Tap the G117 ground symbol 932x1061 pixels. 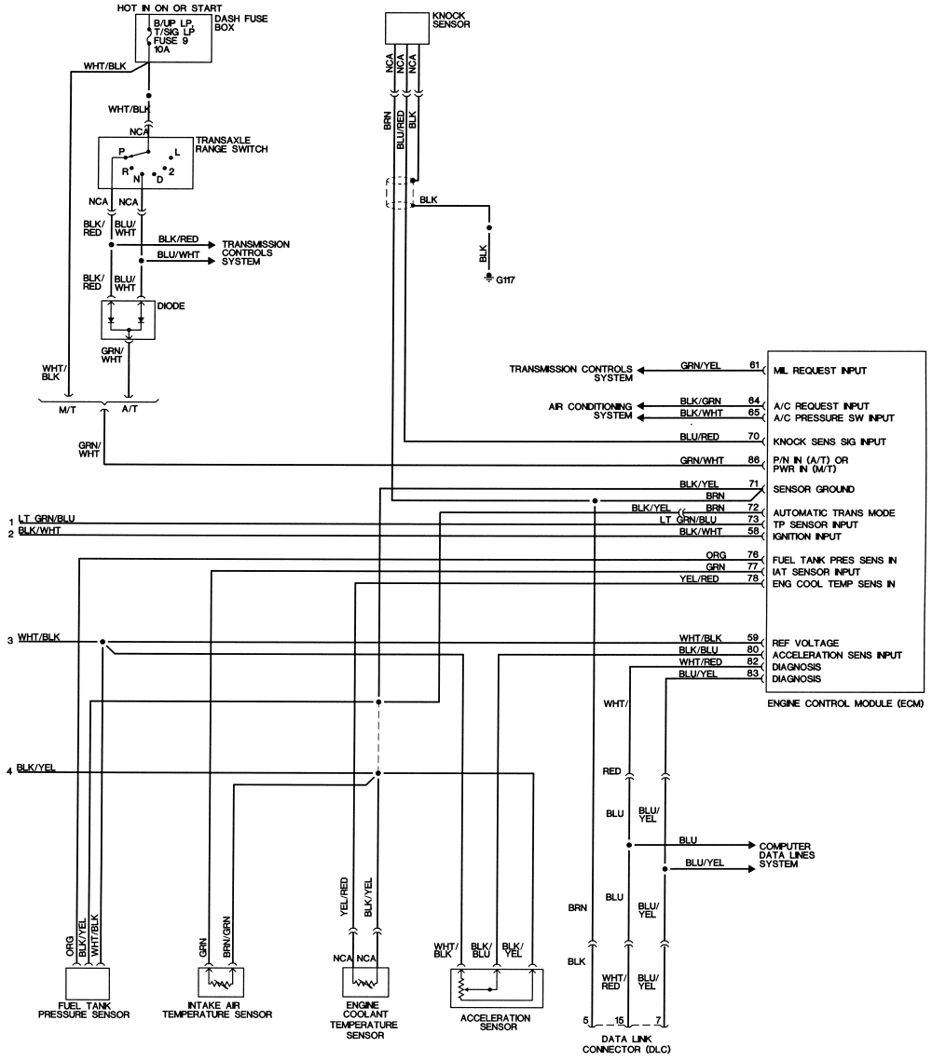coord(488,278)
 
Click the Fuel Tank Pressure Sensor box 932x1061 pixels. coord(88,984)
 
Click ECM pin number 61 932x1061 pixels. coord(755,364)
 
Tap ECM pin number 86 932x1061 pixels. coord(755,459)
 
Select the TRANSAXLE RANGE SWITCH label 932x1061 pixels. coord(231,144)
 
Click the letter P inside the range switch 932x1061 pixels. coord(120,151)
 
